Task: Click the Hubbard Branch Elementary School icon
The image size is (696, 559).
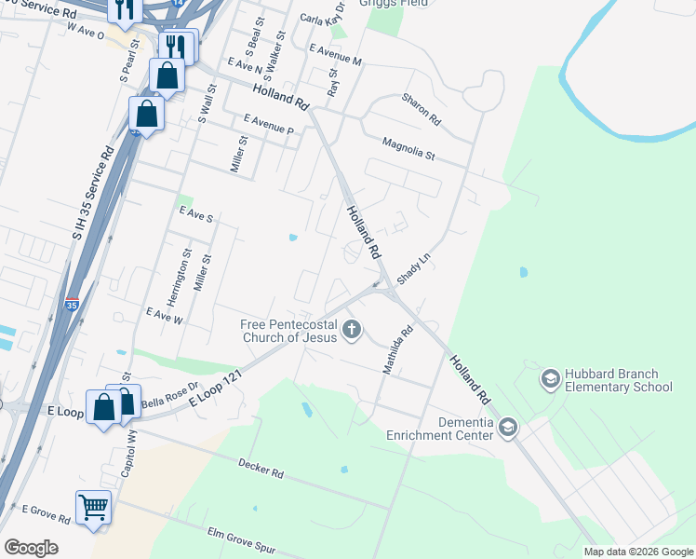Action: coord(550,379)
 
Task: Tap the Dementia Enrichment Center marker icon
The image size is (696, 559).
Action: coord(507,428)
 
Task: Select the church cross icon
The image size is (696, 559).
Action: coord(352,328)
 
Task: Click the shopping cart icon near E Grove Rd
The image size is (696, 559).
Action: coord(93,508)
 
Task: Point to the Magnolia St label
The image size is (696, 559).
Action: coord(408,148)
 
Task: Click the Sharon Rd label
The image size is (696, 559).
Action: coord(421,110)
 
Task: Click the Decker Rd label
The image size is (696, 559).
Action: coord(260,467)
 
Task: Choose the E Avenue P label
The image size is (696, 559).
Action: coord(268,125)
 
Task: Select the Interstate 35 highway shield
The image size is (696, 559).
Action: coord(73,305)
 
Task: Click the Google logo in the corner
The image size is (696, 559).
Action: coord(31,547)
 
